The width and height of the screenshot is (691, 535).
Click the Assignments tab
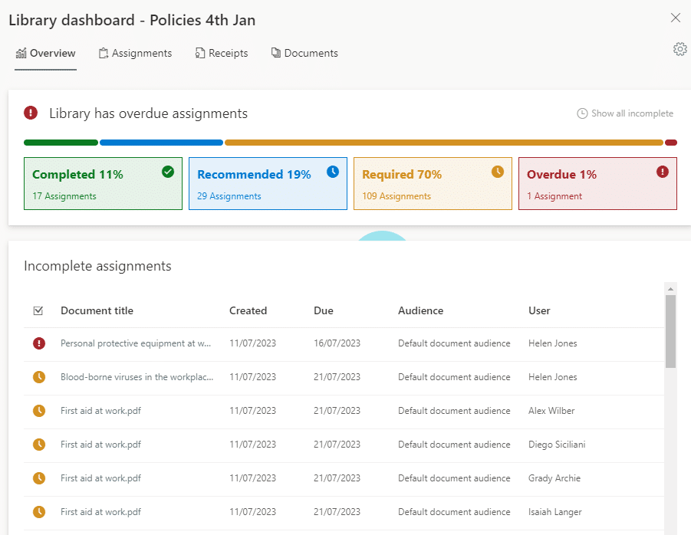[135, 54]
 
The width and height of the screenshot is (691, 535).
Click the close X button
[676, 18]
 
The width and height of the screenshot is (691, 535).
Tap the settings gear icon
[679, 49]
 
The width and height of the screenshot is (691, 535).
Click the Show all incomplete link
[625, 113]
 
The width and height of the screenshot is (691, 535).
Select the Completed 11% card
[103, 184]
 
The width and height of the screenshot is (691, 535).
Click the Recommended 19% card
[268, 184]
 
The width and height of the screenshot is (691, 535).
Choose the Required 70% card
[433, 184]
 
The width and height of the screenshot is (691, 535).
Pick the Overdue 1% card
[597, 184]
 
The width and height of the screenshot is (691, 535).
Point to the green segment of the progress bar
[61, 143]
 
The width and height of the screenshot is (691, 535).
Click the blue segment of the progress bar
[161, 143]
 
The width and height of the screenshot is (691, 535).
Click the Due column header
[324, 310]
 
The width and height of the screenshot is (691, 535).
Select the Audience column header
[420, 310]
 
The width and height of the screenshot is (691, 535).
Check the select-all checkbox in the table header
[38, 310]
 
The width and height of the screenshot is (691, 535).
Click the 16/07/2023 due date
[337, 343]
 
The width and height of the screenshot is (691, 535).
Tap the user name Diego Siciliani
[557, 445]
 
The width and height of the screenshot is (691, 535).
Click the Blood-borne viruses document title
[137, 377]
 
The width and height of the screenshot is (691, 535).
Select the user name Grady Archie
[555, 478]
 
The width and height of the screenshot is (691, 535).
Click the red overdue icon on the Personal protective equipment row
[39, 343]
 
